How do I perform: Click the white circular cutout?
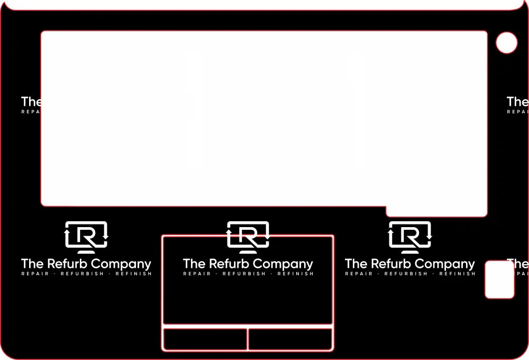[x=507, y=43]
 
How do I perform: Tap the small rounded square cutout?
[x=499, y=280]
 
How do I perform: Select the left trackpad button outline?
[x=205, y=339]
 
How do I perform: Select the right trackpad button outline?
[x=290, y=339]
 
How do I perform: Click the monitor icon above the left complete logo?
[x=86, y=236]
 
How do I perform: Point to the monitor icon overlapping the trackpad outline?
[x=248, y=236]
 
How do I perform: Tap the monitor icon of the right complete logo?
[x=410, y=236]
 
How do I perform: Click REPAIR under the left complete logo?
[x=35, y=274]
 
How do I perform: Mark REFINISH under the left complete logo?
[x=133, y=274]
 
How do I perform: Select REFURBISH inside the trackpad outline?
[x=244, y=274]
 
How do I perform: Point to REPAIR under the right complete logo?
[x=359, y=274]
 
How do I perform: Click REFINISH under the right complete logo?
[x=457, y=274]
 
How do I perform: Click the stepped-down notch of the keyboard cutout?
[x=436, y=211]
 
